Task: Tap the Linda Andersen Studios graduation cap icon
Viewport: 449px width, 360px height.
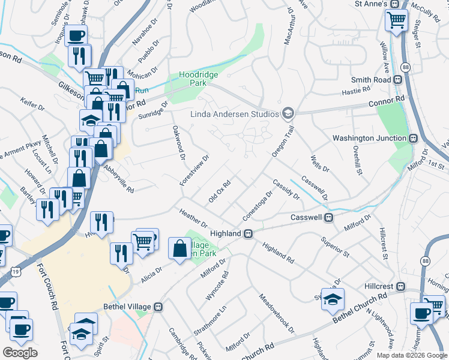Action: [x=288, y=113]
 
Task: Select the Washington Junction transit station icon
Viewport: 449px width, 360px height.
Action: [x=413, y=138]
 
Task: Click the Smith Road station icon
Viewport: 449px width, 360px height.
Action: [x=397, y=79]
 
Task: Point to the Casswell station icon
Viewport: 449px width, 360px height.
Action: [x=329, y=217]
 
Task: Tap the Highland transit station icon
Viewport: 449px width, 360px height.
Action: [x=247, y=233]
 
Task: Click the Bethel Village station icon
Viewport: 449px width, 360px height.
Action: [x=158, y=307]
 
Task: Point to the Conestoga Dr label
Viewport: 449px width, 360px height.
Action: [x=258, y=205]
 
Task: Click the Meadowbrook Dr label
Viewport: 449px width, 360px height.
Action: [x=276, y=314]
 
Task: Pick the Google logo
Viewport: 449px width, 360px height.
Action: [x=20, y=353]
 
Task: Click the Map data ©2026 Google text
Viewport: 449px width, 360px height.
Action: [x=412, y=355]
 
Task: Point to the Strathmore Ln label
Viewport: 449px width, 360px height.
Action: [x=210, y=322]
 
